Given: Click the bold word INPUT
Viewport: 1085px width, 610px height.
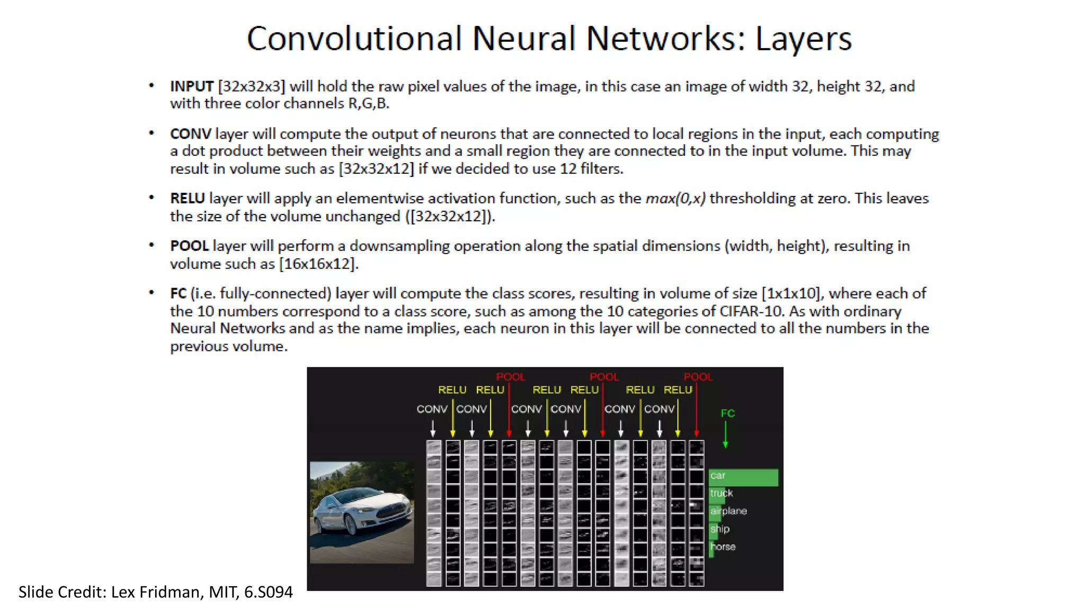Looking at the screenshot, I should (191, 86).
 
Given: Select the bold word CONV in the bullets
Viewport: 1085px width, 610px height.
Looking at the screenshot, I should (190, 134).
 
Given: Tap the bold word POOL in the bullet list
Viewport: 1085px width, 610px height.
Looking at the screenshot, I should (189, 246).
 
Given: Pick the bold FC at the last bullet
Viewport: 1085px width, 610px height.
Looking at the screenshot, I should (178, 293).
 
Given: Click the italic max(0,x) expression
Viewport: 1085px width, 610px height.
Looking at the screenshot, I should (675, 199).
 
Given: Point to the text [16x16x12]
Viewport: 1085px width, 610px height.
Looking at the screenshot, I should (318, 264).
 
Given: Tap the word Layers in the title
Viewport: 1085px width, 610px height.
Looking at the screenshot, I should (803, 39).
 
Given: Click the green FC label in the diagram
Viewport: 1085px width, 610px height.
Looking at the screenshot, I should (727, 413).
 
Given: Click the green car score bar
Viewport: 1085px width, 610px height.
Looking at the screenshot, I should (744, 477).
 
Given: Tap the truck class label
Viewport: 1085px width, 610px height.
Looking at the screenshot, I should (722, 494).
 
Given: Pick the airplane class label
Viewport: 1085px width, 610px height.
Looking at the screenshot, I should (728, 511).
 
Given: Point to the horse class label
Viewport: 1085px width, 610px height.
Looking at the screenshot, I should (723, 546).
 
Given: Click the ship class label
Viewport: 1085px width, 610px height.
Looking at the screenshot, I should (720, 529).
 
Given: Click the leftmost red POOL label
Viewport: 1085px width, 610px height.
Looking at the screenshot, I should (510, 377).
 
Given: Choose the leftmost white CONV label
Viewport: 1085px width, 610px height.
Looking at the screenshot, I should (432, 409).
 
